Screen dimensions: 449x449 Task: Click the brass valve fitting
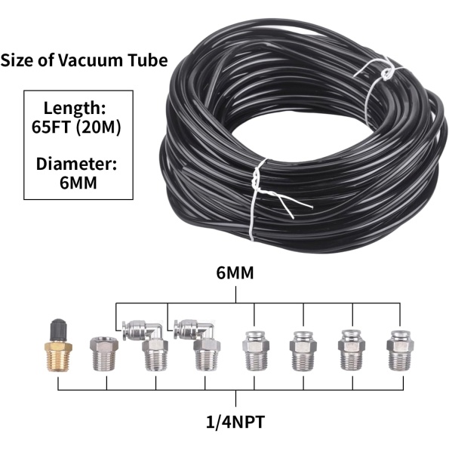point(59,346)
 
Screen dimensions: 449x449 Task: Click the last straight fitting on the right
point(400,351)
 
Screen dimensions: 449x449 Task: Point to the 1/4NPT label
point(235,422)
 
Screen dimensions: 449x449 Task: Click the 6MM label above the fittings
point(235,272)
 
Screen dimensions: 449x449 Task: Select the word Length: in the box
point(75,109)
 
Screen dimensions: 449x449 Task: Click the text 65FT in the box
point(51,127)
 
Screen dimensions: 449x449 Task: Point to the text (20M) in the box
point(99,127)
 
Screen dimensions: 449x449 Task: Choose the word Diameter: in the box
point(76,164)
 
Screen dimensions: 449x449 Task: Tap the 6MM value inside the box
point(78,183)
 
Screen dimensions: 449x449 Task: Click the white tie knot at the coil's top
point(387,73)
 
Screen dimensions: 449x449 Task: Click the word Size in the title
point(18,60)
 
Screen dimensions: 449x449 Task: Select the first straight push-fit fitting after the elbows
point(255,351)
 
